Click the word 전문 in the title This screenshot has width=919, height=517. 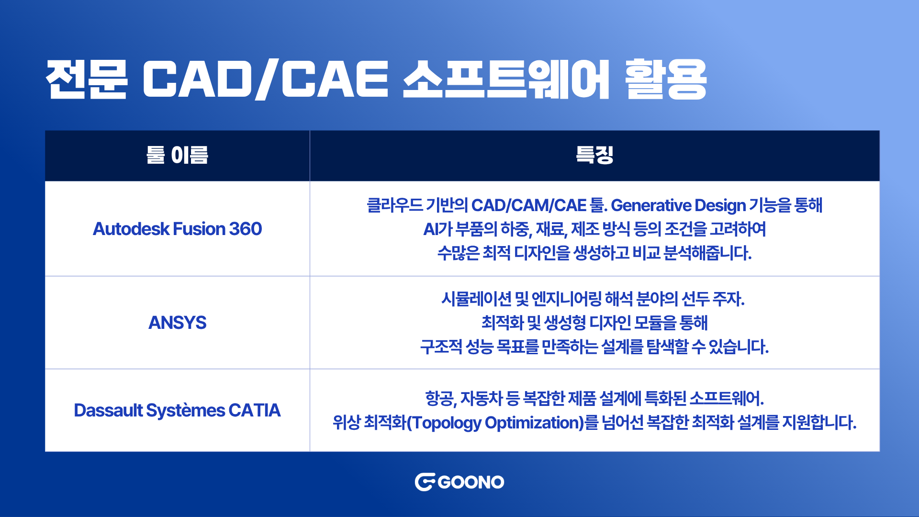coord(87,79)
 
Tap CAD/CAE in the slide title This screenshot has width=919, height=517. coord(266,79)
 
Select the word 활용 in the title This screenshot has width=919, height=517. coord(666,79)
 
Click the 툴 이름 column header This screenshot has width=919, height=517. coord(177,155)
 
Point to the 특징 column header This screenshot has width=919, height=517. coord(594,155)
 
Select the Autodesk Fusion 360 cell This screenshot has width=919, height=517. coord(177,229)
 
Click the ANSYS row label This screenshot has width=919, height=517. coord(177,323)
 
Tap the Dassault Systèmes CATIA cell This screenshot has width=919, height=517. coord(177,410)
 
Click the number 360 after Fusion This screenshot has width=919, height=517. coord(246,229)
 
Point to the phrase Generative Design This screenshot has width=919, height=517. coord(678,205)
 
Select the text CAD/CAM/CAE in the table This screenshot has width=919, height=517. coord(529,205)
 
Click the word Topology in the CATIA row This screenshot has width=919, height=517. coord(447,423)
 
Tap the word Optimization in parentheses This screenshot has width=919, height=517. coord(533,423)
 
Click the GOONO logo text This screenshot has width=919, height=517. coord(471,482)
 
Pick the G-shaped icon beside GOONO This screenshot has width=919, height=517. coord(425,482)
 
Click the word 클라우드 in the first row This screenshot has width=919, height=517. coord(395,205)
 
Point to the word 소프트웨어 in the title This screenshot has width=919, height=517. coord(506,79)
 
